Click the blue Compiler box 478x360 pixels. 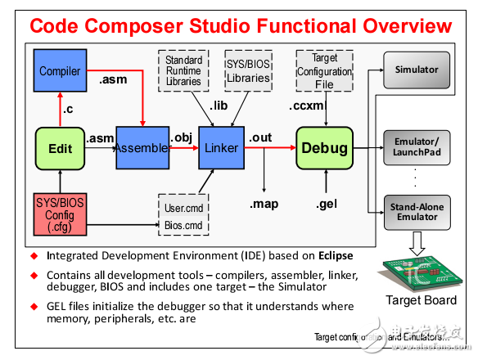coord(61,71)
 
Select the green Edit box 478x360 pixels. coord(61,149)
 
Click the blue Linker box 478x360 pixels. coord(223,149)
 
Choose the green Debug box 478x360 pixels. coord(323,149)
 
